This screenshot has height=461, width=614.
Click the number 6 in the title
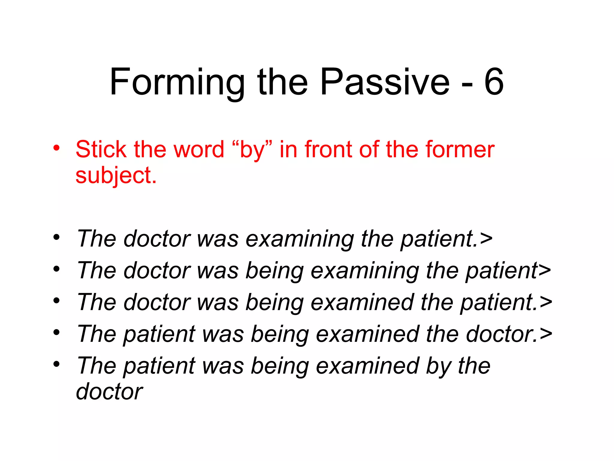[x=494, y=82]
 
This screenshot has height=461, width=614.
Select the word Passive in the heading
[x=385, y=82]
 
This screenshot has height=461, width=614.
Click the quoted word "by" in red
[x=252, y=149]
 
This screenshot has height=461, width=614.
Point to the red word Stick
[x=101, y=149]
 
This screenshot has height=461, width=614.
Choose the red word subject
[x=116, y=176]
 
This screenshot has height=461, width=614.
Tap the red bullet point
[x=56, y=148]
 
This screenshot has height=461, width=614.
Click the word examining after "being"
[x=365, y=271]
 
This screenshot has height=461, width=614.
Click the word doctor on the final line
[x=109, y=392]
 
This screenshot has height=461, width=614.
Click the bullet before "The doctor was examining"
[x=56, y=237]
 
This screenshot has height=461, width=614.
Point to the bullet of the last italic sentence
[x=56, y=364]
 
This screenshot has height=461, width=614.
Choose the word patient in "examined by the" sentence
[x=159, y=366]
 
